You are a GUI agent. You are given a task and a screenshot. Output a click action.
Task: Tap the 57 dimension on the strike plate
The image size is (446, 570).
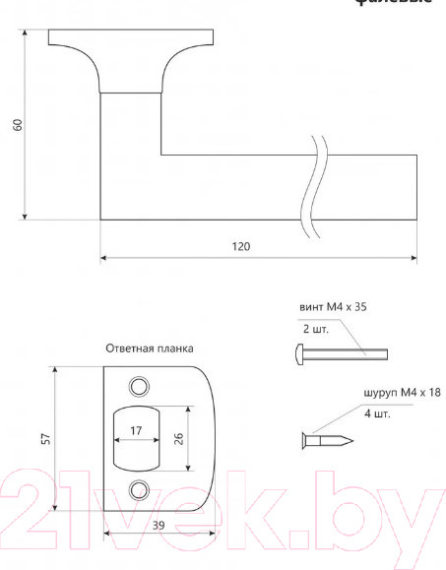(45, 438)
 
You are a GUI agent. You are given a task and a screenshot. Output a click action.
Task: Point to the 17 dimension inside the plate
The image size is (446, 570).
(136, 429)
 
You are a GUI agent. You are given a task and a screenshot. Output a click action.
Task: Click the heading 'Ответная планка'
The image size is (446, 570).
(150, 348)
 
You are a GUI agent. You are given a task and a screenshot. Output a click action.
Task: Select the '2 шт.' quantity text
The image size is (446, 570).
(315, 330)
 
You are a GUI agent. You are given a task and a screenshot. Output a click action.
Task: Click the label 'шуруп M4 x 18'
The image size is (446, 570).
(401, 393)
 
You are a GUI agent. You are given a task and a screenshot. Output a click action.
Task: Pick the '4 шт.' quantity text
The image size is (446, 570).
(377, 414)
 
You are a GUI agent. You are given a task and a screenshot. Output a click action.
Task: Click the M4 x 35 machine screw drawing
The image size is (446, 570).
(341, 354)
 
